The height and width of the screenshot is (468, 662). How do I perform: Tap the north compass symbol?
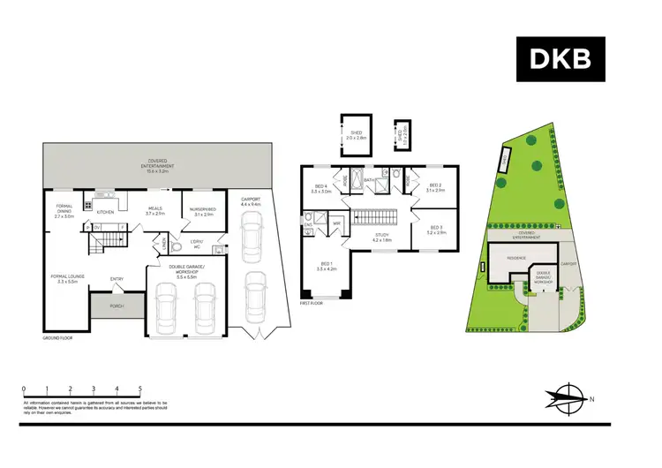pos(568,398)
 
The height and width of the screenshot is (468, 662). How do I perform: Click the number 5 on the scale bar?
pos(140,389)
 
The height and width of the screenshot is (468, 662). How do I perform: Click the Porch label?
pos(117,306)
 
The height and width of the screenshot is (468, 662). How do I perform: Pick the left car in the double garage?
pos(168,305)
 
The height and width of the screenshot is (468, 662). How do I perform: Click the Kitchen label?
pos(105,212)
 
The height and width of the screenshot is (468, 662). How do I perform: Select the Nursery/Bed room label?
pos(203,211)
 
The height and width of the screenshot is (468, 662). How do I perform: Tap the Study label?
pos(381,237)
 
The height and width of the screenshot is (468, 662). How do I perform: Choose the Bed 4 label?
pos(320,188)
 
